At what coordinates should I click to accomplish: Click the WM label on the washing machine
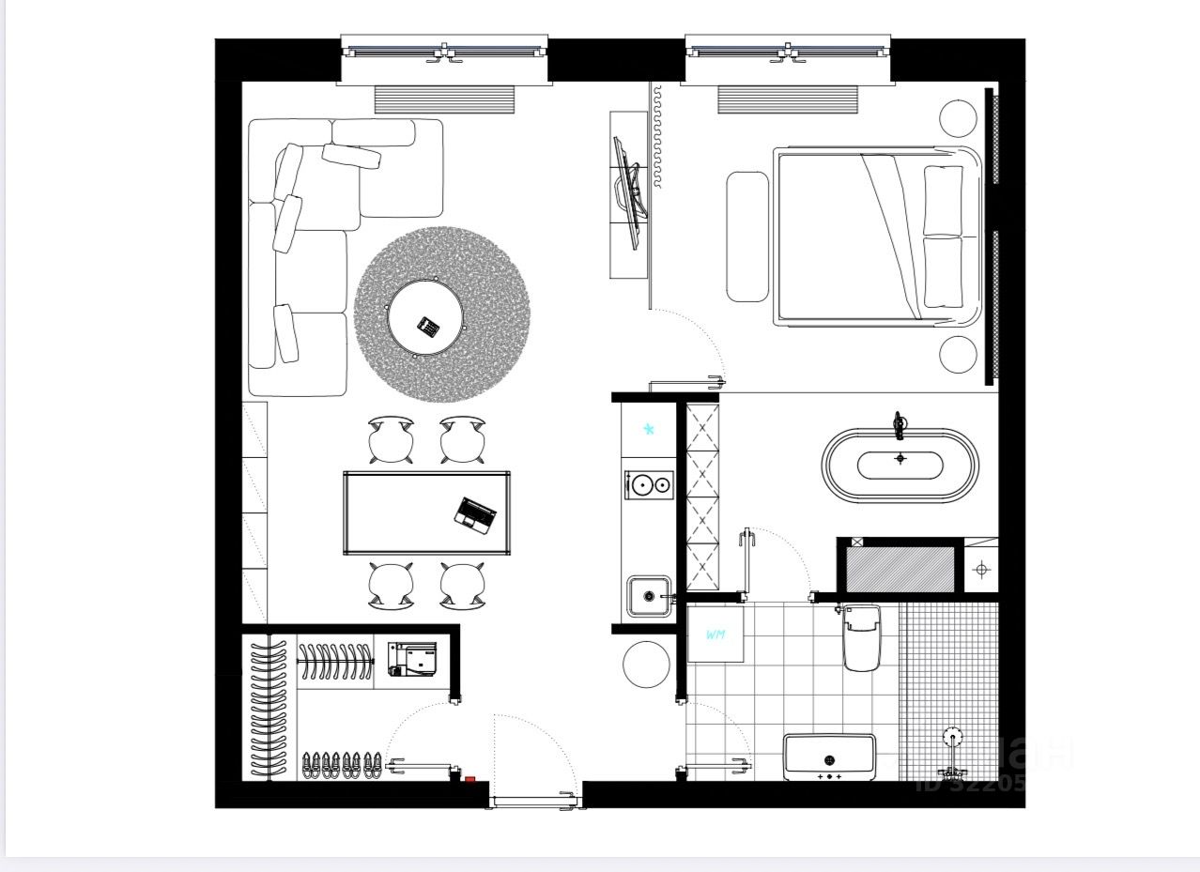(715, 635)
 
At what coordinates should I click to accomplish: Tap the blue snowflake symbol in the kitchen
(648, 430)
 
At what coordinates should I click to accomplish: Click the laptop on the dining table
(476, 514)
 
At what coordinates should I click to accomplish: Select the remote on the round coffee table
(428, 327)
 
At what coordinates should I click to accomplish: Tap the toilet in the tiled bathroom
(861, 637)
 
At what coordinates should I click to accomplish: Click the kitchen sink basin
(648, 595)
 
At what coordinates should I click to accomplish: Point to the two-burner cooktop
(650, 484)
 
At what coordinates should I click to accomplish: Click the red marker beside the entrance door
(469, 778)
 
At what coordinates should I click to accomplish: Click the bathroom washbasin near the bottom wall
(829, 757)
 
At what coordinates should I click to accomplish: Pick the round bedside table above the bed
(958, 117)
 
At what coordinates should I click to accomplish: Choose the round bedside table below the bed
(958, 353)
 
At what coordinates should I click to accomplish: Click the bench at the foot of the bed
(747, 237)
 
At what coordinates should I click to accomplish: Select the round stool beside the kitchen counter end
(646, 664)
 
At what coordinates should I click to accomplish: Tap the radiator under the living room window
(444, 99)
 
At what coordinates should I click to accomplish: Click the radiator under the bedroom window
(788, 99)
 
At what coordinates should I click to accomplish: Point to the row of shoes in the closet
(342, 765)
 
